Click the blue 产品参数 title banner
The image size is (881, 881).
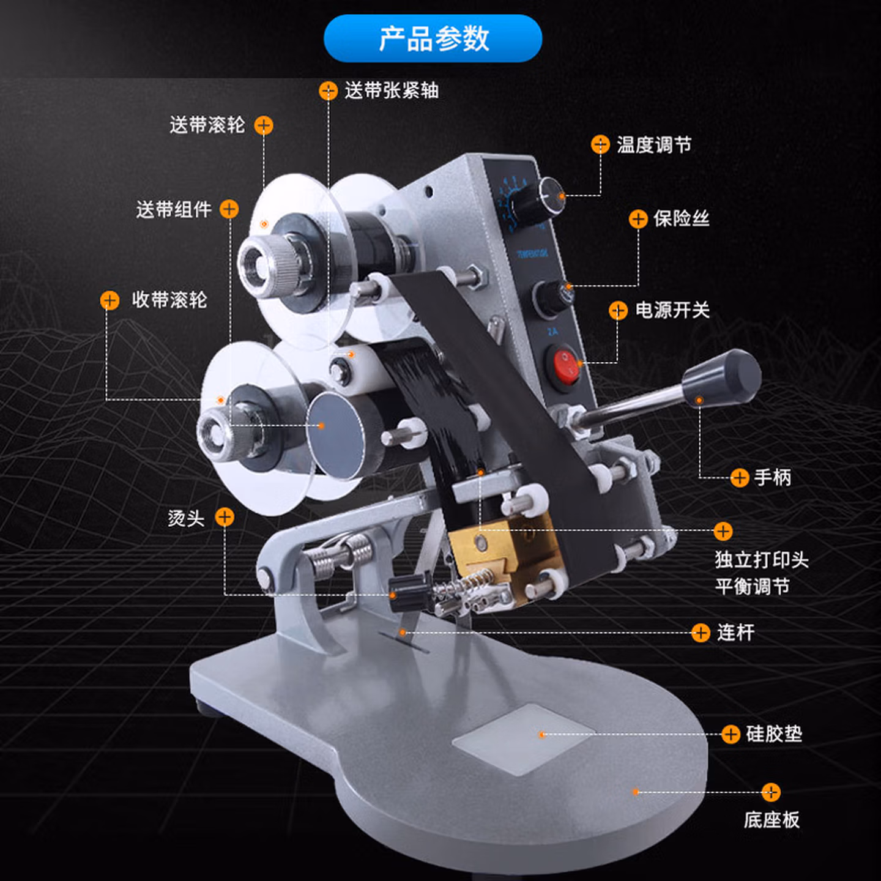click(x=433, y=39)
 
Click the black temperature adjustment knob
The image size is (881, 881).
click(x=539, y=198)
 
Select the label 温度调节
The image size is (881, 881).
click(x=653, y=145)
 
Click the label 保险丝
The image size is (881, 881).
click(x=681, y=218)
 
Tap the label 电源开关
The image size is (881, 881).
click(x=672, y=310)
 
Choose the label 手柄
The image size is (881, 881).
click(x=772, y=477)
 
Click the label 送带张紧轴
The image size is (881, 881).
click(x=392, y=91)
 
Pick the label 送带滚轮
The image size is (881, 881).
click(x=207, y=125)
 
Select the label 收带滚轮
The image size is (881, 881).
click(x=169, y=300)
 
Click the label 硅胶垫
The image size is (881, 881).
click(x=774, y=734)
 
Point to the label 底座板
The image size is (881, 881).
click(x=771, y=820)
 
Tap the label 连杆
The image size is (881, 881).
click(x=735, y=633)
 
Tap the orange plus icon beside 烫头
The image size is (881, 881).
click(x=225, y=518)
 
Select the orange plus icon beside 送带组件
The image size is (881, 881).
click(x=229, y=209)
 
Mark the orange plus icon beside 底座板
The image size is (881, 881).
click(x=771, y=792)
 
